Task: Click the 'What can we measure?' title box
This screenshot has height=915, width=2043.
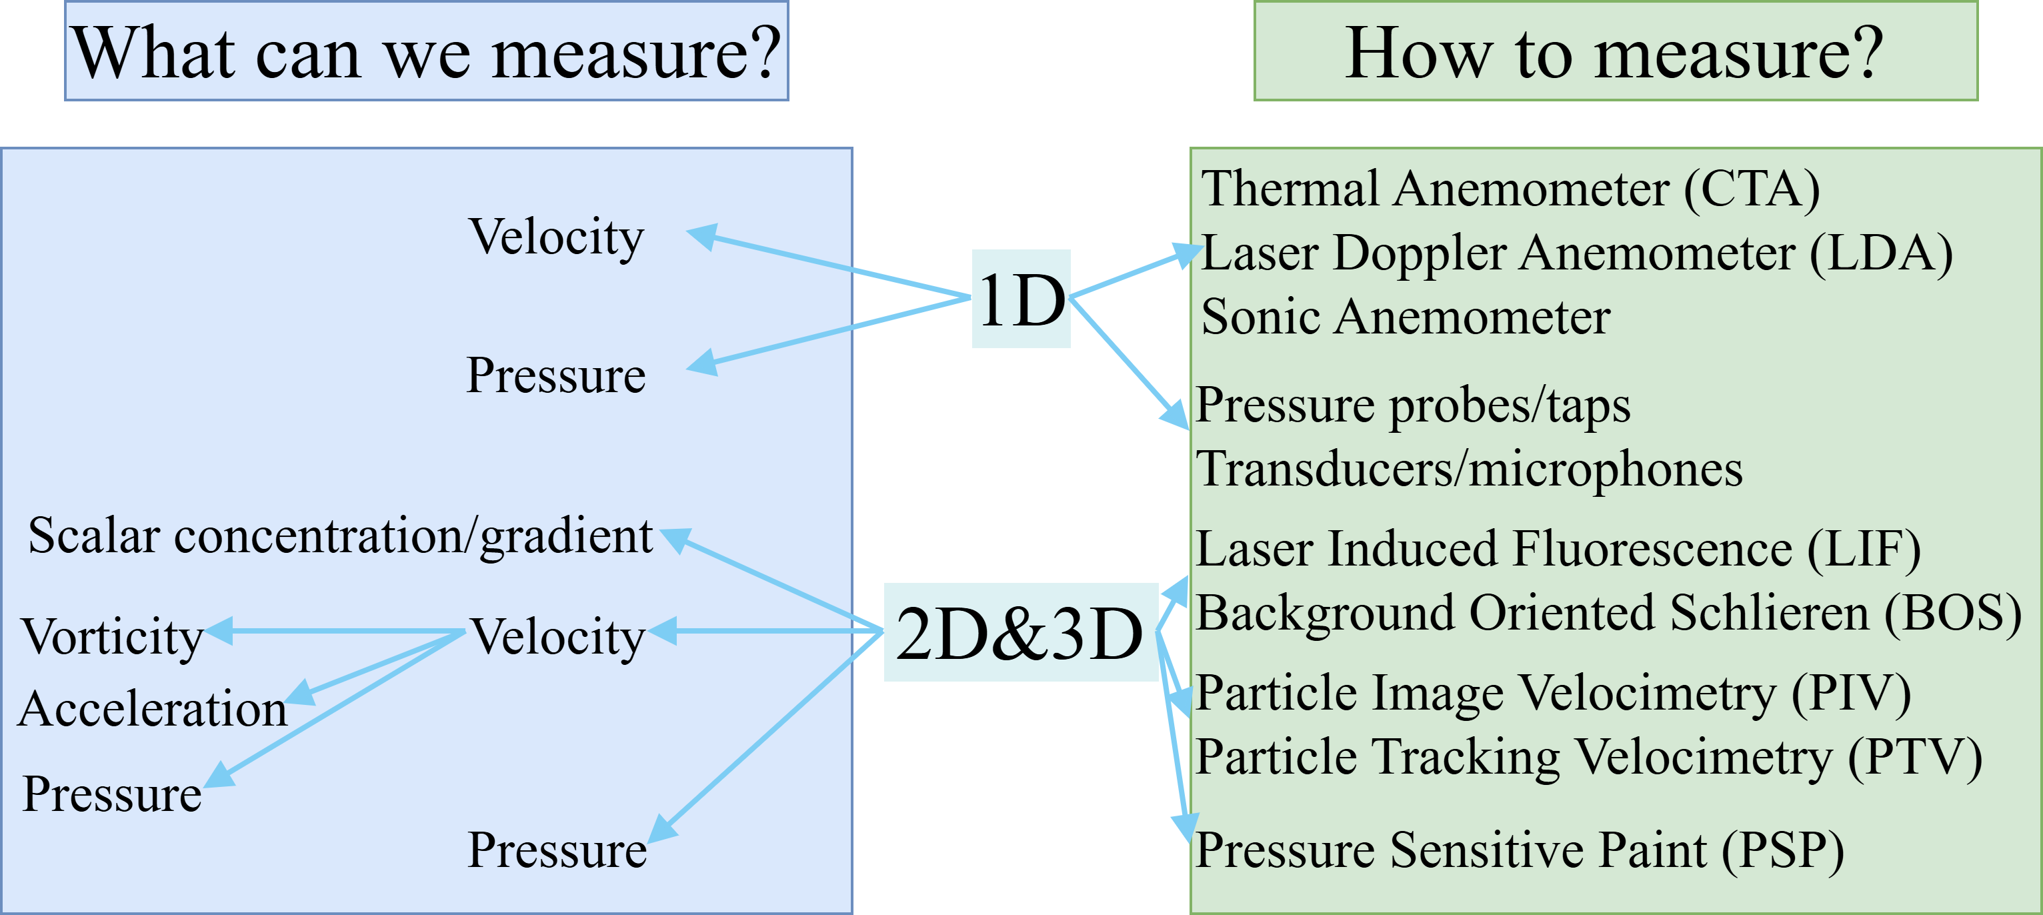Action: (x=427, y=51)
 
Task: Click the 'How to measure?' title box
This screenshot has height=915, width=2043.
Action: (x=1615, y=51)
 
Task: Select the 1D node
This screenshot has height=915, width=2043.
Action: (x=1021, y=299)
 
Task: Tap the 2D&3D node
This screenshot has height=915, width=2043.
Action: (x=1021, y=632)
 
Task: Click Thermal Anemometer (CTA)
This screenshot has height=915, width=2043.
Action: (x=1510, y=189)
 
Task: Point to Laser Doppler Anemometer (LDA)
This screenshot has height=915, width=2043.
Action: (x=1577, y=253)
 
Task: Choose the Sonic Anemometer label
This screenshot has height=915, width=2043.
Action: (x=1406, y=317)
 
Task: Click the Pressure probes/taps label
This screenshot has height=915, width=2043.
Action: (x=1412, y=405)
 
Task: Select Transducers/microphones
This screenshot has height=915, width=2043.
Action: (x=1469, y=469)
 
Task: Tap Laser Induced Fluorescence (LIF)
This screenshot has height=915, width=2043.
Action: (x=1558, y=548)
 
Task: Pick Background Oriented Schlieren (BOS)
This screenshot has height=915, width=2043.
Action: (x=1608, y=613)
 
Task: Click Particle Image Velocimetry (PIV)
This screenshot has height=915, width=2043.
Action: (x=1553, y=693)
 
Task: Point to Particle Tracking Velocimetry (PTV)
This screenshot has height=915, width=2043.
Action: (x=1588, y=756)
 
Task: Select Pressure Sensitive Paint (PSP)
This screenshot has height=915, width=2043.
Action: (x=1519, y=850)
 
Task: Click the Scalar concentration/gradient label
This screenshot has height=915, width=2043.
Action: (x=340, y=536)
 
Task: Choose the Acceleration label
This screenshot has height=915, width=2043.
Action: (x=152, y=709)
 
